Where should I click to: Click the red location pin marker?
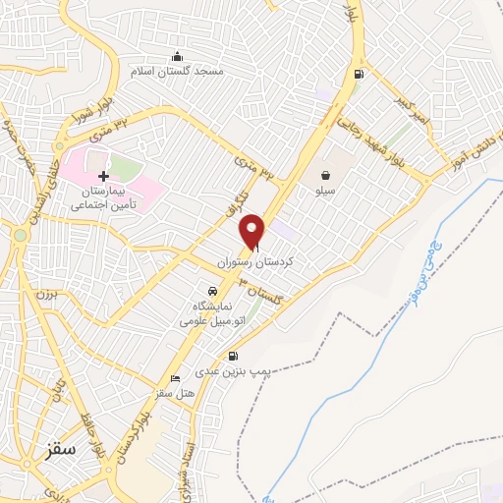click(x=253, y=231)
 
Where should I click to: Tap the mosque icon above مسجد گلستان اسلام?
click(x=177, y=56)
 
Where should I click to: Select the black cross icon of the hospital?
click(x=103, y=175)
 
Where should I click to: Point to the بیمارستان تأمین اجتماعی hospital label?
click(x=104, y=200)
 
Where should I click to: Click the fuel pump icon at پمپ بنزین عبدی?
click(x=233, y=357)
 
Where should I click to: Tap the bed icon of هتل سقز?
click(x=176, y=378)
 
